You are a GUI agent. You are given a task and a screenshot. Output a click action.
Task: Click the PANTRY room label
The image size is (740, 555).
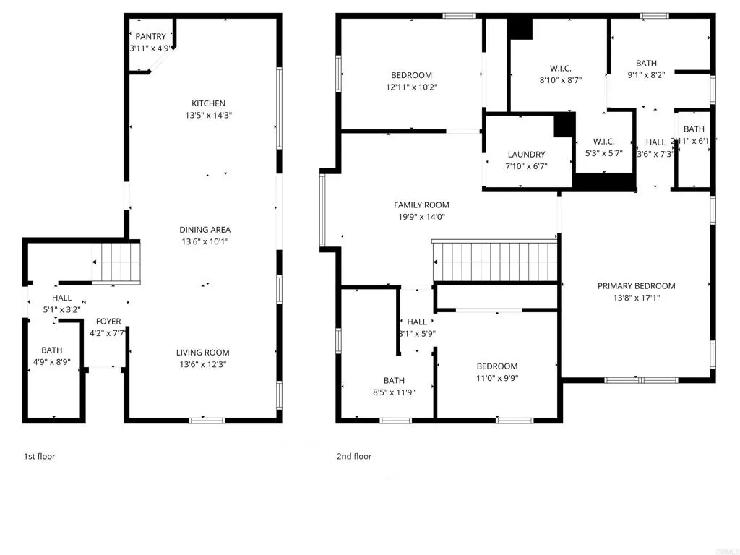[x=150, y=36]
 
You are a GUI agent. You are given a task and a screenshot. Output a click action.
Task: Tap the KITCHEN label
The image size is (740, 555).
[x=208, y=103]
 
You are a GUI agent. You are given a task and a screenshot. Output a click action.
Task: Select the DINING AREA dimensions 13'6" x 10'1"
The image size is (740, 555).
[x=205, y=241]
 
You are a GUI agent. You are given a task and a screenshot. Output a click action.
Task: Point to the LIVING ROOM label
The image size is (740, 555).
[x=203, y=353]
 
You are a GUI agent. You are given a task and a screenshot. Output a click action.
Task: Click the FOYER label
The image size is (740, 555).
[x=108, y=322]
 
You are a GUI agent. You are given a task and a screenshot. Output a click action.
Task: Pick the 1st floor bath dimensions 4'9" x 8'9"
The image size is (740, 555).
[x=51, y=362]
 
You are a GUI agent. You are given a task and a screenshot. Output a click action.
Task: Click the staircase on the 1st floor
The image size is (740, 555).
[x=116, y=263]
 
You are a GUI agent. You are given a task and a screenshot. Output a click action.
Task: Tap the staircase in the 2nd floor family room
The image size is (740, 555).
[x=496, y=261]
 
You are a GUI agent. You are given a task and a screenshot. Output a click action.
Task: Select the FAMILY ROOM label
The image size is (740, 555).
[x=421, y=205]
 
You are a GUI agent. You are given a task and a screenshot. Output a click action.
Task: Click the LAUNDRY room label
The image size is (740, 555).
[x=526, y=155]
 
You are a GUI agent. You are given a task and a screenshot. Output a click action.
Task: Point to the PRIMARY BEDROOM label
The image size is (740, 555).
[x=636, y=285]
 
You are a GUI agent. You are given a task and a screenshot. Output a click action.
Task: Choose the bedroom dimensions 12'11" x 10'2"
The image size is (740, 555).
[x=411, y=87]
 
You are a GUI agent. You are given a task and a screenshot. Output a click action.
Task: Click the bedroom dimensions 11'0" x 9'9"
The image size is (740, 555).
[x=496, y=377]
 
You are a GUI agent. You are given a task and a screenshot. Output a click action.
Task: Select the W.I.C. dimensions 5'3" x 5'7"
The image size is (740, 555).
[x=603, y=153]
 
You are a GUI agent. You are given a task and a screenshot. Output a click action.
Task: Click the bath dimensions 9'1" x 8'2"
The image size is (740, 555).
[x=646, y=75]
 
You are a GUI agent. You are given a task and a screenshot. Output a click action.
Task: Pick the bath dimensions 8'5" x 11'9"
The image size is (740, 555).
[x=394, y=392]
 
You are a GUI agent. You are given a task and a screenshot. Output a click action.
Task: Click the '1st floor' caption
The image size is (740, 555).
[x=40, y=456]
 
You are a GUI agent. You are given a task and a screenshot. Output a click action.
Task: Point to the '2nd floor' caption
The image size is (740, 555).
[x=354, y=456]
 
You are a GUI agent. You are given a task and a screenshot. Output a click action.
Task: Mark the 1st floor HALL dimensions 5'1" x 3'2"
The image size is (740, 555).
[x=61, y=309]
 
